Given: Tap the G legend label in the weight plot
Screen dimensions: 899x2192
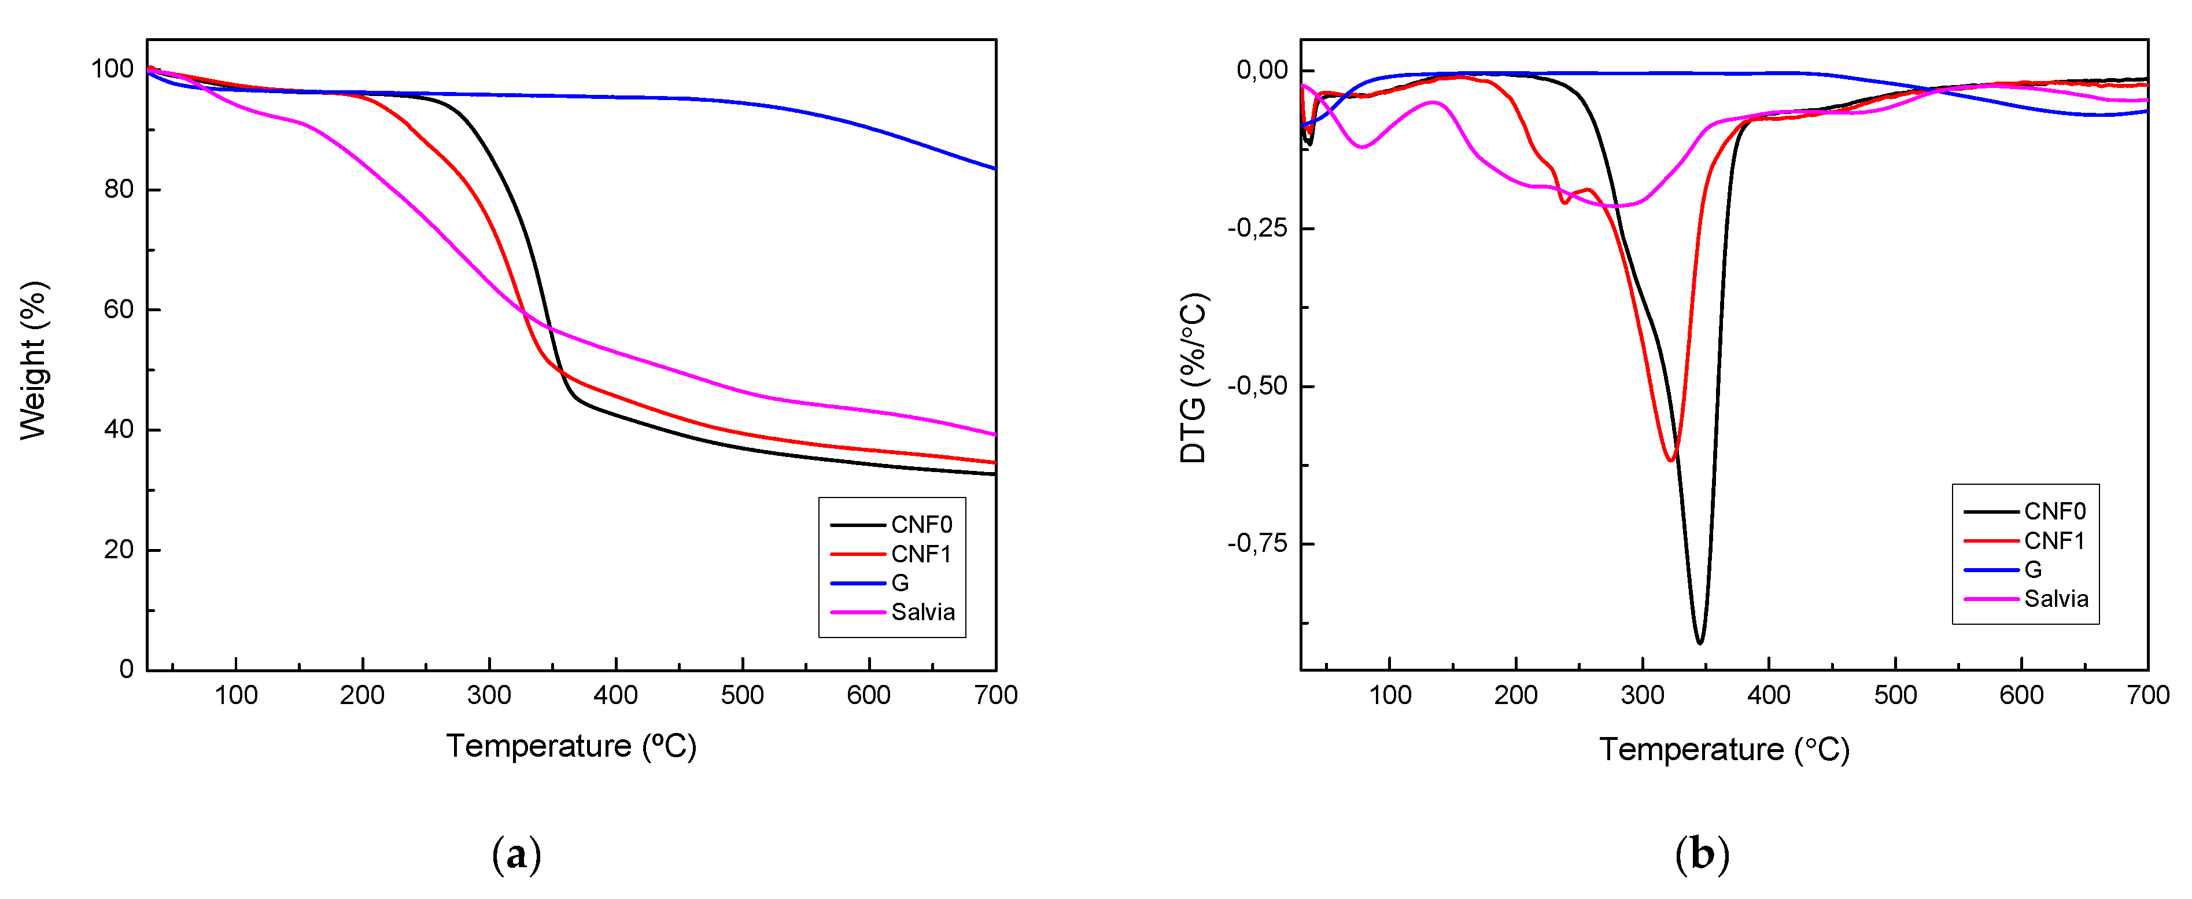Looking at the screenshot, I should click(x=899, y=583).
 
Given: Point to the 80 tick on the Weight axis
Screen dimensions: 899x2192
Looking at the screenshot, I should click(x=119, y=189).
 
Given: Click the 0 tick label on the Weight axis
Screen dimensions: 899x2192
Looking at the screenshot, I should click(x=126, y=670).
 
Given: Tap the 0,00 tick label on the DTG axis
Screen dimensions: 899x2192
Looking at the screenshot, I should click(x=1262, y=70).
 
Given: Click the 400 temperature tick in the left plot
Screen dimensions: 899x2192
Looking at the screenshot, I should click(x=615, y=695).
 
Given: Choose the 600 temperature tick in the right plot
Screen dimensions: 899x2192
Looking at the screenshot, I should click(x=2021, y=695).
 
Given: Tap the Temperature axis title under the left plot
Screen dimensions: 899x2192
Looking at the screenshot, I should click(x=571, y=747).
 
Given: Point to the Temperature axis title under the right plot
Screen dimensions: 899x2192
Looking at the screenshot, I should click(x=1724, y=750).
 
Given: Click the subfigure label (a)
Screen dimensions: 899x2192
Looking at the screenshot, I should click(x=516, y=854).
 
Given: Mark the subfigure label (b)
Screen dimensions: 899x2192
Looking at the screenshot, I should click(x=1701, y=854).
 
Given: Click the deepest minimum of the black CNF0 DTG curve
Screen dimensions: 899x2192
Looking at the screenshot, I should click(x=1699, y=643).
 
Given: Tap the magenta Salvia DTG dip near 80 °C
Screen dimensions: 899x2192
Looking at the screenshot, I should click(x=1363, y=148).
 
